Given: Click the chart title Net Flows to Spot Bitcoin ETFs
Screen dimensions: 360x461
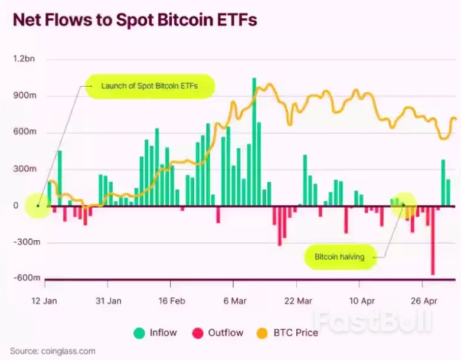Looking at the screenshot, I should coord(135,21).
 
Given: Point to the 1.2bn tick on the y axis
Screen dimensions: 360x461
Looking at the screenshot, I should coord(24,59).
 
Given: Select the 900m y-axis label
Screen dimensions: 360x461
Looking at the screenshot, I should coord(24,96).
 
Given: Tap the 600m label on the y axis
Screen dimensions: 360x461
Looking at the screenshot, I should coord(24,132).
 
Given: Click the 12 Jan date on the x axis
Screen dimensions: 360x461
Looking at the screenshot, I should coord(44,300).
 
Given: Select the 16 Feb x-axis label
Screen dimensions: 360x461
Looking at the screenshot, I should coord(172,300).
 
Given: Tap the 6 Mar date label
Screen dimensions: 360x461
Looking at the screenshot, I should coord(235,300).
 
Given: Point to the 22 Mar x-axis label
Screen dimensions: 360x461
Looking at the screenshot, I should coord(298,300).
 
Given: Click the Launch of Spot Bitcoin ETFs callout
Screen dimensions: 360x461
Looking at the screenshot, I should coord(149,86).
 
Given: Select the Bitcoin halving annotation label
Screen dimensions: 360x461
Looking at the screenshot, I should coord(339,257).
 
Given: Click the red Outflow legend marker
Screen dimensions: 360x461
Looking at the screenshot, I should coord(198,333).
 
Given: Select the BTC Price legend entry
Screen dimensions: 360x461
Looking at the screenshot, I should coord(289,333).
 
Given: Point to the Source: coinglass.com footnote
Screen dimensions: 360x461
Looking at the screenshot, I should coord(53,351).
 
